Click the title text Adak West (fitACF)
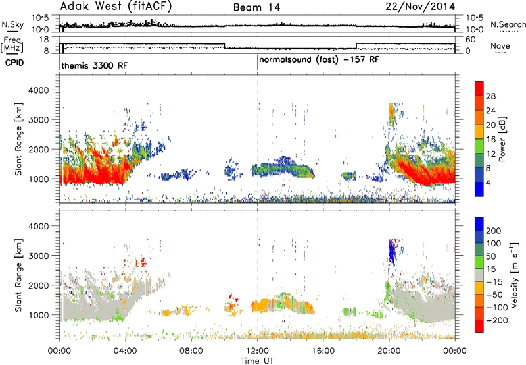116,7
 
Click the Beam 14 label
256,7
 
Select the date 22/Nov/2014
420,7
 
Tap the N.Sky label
12,24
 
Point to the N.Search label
508,24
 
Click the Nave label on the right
500,45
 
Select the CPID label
14,63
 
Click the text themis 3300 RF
94,65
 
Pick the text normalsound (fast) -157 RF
319,60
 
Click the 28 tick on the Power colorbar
490,96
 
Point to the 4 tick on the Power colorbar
489,182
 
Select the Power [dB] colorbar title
502,139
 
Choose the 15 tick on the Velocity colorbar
490,269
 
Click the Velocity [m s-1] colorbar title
514,275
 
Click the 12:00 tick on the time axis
257,351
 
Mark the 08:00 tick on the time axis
191,351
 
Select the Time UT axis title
257,361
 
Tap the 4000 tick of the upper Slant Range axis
38,90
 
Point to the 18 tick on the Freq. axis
44,40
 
